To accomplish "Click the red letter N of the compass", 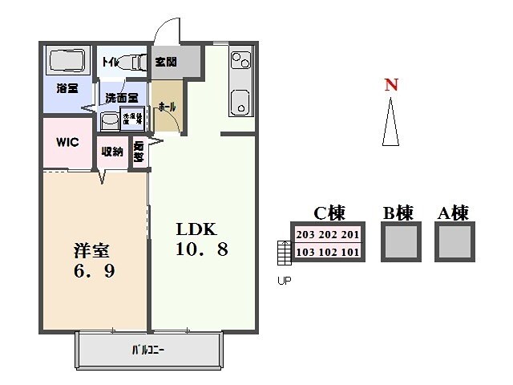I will pyautogui.click(x=391, y=85).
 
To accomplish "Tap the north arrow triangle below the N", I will pyautogui.click(x=391, y=126).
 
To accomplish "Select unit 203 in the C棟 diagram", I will pyautogui.click(x=305, y=235).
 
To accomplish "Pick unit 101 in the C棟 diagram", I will pyautogui.click(x=350, y=251).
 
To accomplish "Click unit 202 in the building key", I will pyautogui.click(x=328, y=235).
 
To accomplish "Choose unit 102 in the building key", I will pyautogui.click(x=328, y=251).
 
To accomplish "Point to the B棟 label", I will pyautogui.click(x=398, y=213).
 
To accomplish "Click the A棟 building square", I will pyautogui.click(x=454, y=241).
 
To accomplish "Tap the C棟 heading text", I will pyautogui.click(x=329, y=213).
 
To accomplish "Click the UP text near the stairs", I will pyautogui.click(x=284, y=281).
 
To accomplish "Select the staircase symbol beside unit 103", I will pyautogui.click(x=284, y=253).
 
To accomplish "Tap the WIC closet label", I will pyautogui.click(x=67, y=142).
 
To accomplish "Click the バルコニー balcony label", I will pyautogui.click(x=147, y=350).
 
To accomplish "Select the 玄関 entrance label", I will pyautogui.click(x=166, y=62).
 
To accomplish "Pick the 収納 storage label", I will pyautogui.click(x=112, y=152).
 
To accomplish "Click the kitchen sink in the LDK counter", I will pyautogui.click(x=241, y=101).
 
